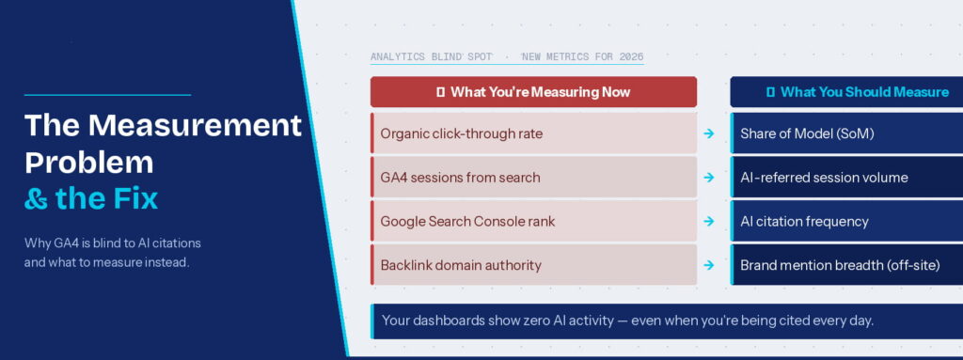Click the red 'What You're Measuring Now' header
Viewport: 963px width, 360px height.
[x=533, y=92]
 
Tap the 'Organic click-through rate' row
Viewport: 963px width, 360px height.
[x=533, y=133]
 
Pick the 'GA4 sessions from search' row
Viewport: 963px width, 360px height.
[x=533, y=178]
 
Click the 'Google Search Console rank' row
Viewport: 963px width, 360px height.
[x=533, y=222]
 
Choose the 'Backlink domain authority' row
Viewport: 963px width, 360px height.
[x=533, y=265]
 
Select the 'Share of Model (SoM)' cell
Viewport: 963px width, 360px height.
[x=846, y=133]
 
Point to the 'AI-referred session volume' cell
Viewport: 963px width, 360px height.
[x=846, y=178]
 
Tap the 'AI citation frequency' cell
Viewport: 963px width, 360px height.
[x=846, y=222]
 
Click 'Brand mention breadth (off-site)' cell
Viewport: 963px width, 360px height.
[x=846, y=265]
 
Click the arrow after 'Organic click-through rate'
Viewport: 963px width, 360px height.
[x=709, y=133]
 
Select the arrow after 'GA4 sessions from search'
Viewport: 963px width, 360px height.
[x=709, y=178]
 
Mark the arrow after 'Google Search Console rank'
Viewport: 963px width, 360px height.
[x=709, y=222]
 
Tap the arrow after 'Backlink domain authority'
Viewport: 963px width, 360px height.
[x=709, y=265]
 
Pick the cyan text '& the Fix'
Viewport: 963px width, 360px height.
[x=91, y=198]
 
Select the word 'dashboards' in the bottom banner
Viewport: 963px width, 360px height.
[x=455, y=321]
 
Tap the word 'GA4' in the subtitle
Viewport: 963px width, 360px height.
[x=71, y=243]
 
